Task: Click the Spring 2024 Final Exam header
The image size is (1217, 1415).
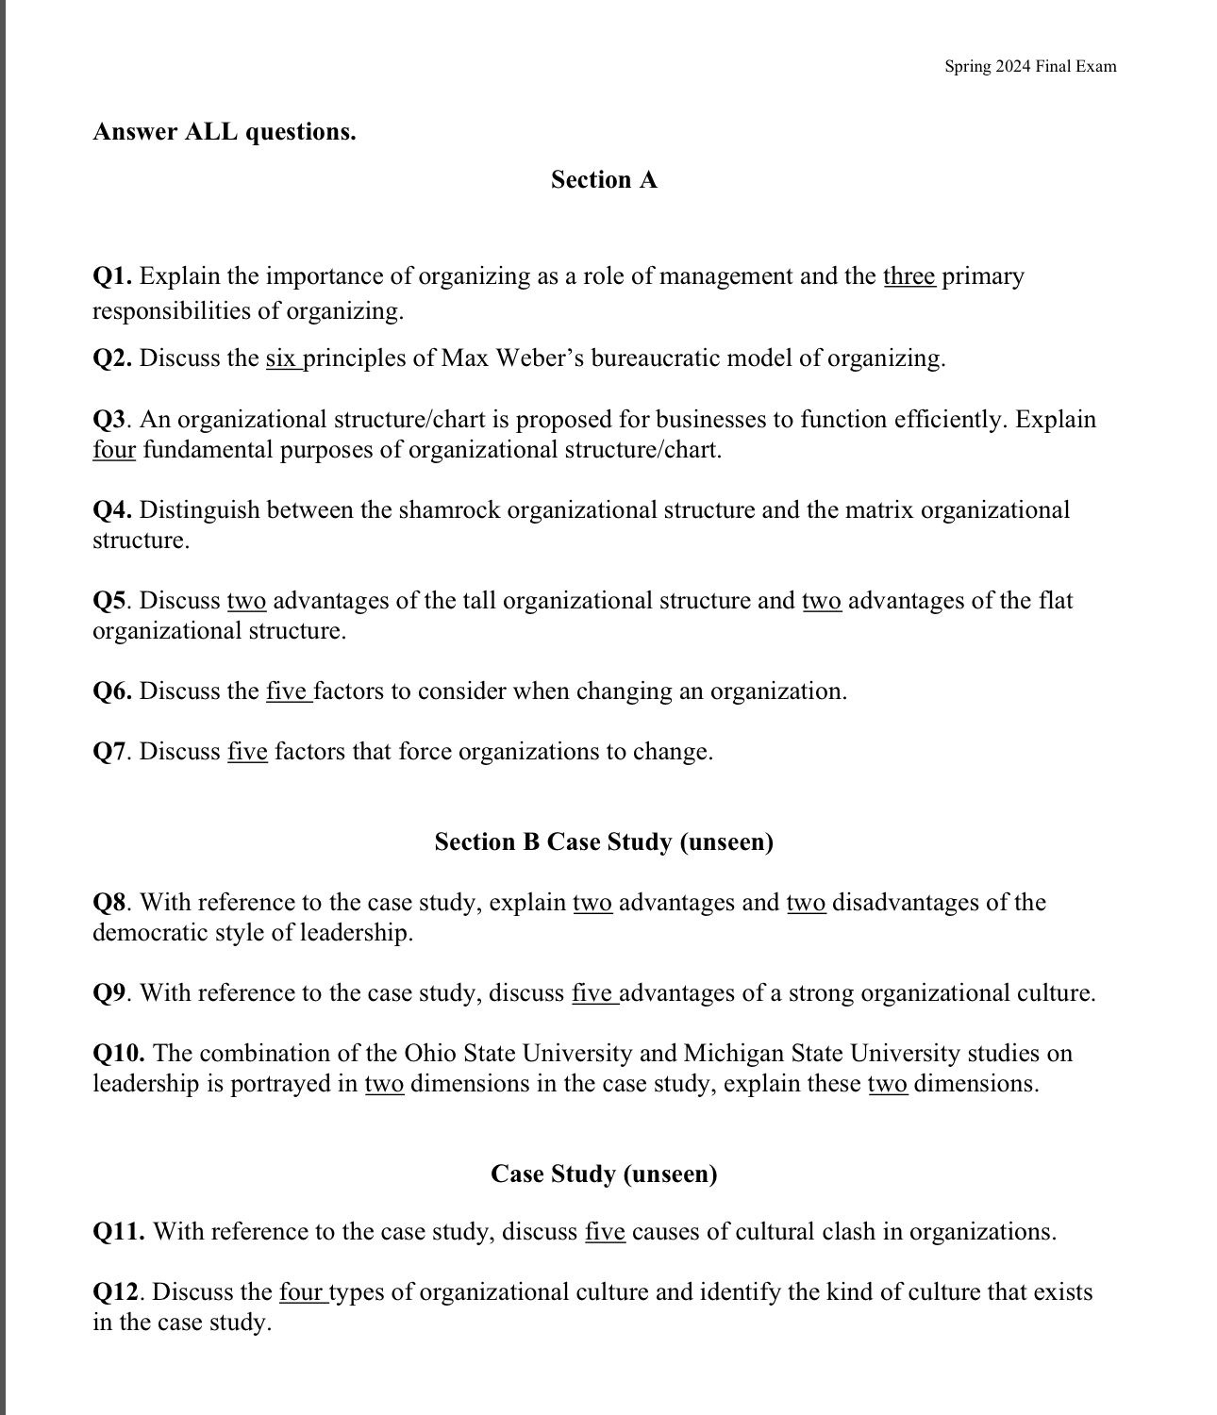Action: (x=1030, y=66)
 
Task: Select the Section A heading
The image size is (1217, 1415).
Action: (x=604, y=179)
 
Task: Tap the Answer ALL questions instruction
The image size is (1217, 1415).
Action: (x=225, y=131)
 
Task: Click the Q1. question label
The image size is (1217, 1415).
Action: (x=112, y=276)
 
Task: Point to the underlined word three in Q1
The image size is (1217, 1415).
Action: (x=909, y=276)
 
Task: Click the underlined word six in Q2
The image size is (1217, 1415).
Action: (x=281, y=358)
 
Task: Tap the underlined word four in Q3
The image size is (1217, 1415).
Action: (x=114, y=450)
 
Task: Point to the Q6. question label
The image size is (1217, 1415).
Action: (x=112, y=691)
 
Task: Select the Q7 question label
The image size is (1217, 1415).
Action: (x=109, y=752)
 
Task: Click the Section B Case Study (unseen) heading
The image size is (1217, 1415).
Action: (x=604, y=841)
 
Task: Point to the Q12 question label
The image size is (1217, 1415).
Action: (x=120, y=1292)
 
